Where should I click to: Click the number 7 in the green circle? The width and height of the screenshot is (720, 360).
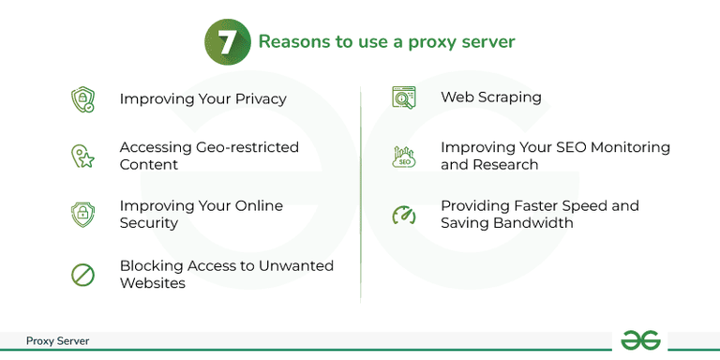coord(226,42)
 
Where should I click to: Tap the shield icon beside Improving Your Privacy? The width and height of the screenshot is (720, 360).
coord(83,100)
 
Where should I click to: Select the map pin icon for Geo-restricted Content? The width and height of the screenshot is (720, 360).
coord(83,157)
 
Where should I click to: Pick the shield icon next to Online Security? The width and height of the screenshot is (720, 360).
coord(83,214)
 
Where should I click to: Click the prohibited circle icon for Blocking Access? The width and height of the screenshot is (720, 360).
coord(83,275)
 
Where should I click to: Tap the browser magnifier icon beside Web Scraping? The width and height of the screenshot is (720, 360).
coord(403,97)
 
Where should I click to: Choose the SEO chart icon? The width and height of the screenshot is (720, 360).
coord(403,157)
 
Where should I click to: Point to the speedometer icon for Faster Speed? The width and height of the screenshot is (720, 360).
coord(403,215)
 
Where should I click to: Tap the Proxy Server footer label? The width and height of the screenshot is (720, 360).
coord(57,341)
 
